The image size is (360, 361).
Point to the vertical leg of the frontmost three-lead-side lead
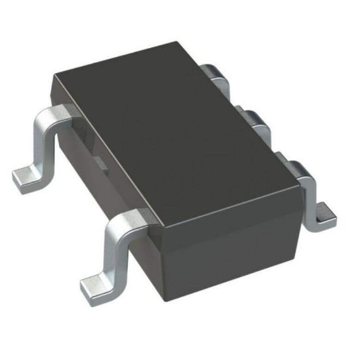313,190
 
